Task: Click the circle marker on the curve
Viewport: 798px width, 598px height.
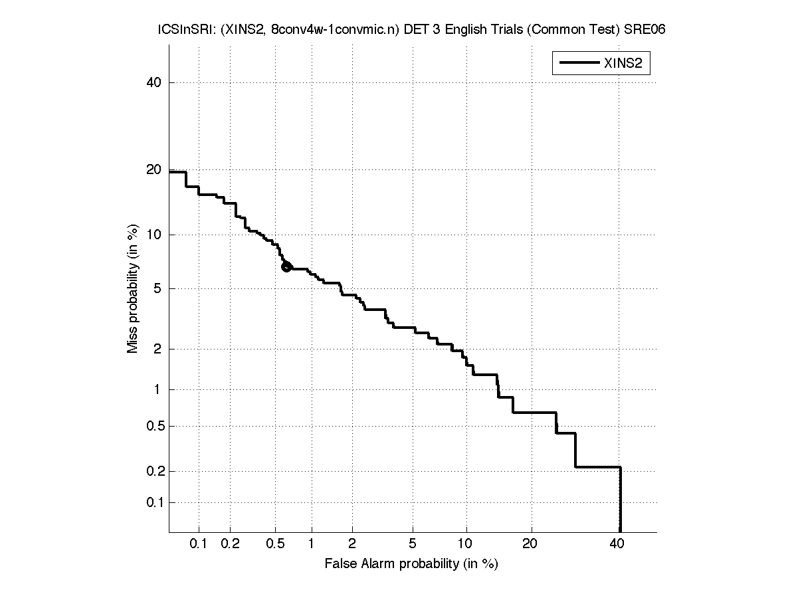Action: tap(286, 267)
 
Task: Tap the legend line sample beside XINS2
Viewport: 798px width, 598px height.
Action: tap(579, 63)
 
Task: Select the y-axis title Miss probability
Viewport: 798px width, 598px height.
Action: tap(134, 290)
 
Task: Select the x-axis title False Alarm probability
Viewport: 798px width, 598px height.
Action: tap(411, 564)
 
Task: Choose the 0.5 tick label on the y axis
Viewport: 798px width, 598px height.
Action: tap(153, 426)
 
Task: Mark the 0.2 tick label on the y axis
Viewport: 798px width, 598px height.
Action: tap(153, 471)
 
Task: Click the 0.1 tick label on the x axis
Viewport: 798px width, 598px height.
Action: tap(199, 545)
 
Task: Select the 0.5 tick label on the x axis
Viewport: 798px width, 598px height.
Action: tap(274, 545)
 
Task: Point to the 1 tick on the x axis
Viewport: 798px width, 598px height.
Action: tap(311, 545)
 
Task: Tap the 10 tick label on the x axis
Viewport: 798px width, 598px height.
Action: tap(466, 545)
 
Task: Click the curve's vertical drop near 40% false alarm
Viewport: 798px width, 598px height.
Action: tap(620, 498)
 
